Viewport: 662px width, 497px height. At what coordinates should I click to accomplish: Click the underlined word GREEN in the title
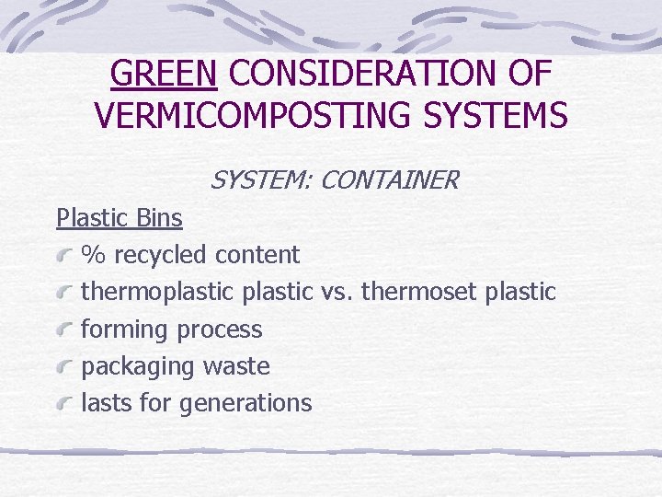(x=163, y=74)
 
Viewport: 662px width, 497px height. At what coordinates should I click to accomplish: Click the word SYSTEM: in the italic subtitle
(x=261, y=180)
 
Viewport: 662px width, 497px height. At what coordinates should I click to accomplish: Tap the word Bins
(x=158, y=218)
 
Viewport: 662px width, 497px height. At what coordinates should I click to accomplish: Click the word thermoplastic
(x=159, y=292)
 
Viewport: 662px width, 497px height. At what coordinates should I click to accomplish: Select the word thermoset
(x=419, y=292)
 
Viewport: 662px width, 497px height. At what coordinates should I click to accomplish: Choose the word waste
(x=236, y=366)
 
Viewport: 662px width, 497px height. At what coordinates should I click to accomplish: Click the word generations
(x=246, y=403)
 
